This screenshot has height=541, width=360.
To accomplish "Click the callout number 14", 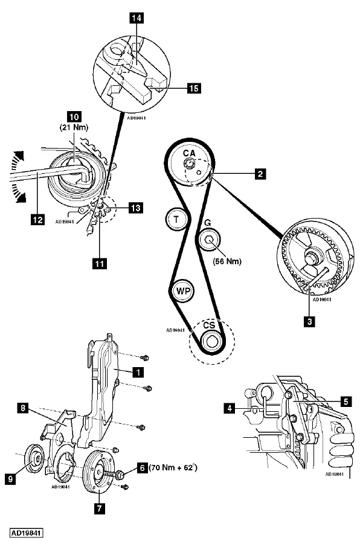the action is (137, 18).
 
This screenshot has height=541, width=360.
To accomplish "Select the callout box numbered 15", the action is (194, 88).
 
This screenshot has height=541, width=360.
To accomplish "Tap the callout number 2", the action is (260, 173).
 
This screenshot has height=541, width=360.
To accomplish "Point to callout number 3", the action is (309, 322).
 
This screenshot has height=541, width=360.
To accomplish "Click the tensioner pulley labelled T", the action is (176, 219).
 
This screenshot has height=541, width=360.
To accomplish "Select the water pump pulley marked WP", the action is (183, 290).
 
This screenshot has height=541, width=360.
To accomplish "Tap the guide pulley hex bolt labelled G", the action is (210, 240).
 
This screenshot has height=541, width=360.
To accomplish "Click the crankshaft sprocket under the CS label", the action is (211, 341).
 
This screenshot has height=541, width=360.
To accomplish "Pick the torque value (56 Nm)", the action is (227, 261).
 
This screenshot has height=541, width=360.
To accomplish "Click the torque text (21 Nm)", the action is (74, 127).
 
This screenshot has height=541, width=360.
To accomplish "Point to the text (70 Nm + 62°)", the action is (173, 468).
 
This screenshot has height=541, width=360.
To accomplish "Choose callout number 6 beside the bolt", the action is (142, 468).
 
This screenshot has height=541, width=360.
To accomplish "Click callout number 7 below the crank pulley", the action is (100, 508).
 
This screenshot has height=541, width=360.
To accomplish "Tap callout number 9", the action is (11, 479).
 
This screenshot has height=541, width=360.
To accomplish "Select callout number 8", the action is (23, 408).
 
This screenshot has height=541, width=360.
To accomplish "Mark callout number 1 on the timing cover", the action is (138, 372).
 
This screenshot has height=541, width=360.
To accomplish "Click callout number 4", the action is (230, 409).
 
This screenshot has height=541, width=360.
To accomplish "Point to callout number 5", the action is (346, 402).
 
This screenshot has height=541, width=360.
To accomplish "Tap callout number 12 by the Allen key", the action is (37, 219).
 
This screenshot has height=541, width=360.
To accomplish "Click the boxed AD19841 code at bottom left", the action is (26, 533).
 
